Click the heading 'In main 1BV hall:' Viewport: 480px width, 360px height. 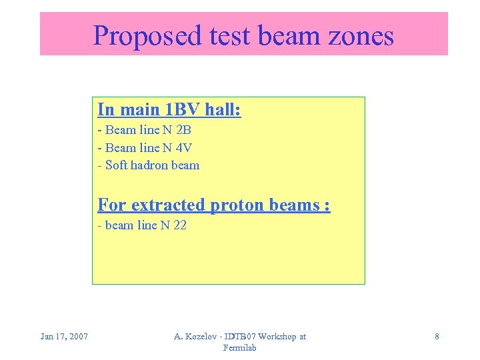click(x=169, y=109)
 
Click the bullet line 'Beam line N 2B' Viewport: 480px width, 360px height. click(x=145, y=130)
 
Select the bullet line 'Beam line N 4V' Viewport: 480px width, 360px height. click(x=145, y=147)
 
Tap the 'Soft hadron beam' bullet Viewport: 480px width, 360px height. click(x=149, y=165)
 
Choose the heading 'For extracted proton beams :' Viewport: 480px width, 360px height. click(x=214, y=205)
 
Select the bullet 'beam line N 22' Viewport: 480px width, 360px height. click(x=142, y=225)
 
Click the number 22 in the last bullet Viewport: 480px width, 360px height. click(x=179, y=225)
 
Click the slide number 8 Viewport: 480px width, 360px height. click(x=437, y=337)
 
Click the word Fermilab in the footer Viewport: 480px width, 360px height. click(x=240, y=348)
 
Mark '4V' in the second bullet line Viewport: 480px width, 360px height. click(x=183, y=147)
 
